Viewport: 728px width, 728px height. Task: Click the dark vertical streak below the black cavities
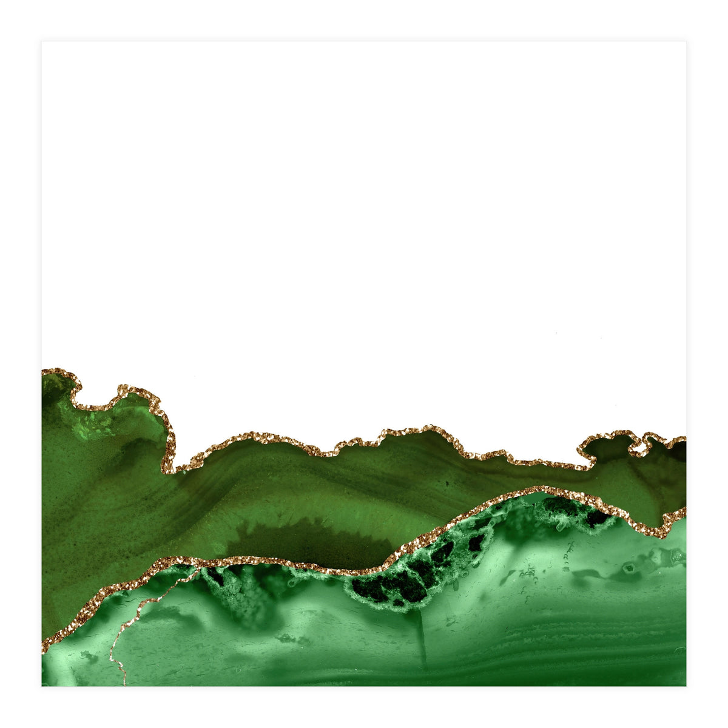pos(423,637)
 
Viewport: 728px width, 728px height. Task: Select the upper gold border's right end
pos(684,438)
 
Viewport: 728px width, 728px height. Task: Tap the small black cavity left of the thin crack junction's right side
pos(215,576)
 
